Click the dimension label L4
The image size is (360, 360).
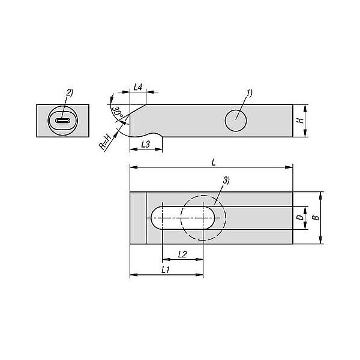point(138,87)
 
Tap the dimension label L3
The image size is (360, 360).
point(146,144)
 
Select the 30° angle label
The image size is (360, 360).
point(118,113)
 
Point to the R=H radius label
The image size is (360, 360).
point(105,143)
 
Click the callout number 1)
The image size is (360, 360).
point(250,93)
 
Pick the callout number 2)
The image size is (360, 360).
point(70,92)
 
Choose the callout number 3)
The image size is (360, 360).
point(226,180)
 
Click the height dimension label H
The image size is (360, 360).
point(301,121)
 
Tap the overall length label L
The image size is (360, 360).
point(214,163)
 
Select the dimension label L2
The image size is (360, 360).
point(182,254)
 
